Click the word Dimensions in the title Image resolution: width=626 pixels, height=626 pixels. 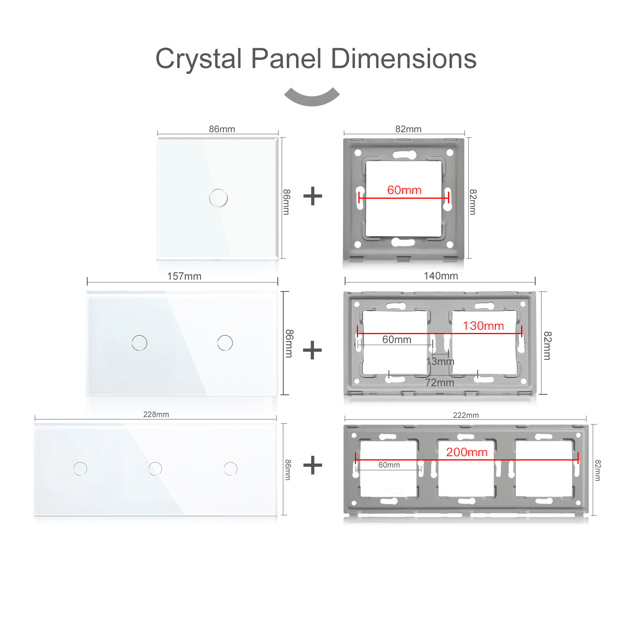click(x=403, y=59)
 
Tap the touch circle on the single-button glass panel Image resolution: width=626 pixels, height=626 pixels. click(x=218, y=198)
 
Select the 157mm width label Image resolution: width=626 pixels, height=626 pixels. click(x=184, y=276)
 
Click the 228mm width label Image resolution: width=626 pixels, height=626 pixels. click(x=156, y=414)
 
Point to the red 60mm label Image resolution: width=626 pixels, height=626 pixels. click(x=404, y=190)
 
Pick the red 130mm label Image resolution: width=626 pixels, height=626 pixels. click(x=483, y=326)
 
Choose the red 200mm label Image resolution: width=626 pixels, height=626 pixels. click(x=467, y=452)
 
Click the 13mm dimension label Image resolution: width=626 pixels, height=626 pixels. click(x=440, y=361)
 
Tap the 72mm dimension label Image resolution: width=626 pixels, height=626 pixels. click(x=440, y=383)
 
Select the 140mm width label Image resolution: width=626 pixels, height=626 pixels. click(x=441, y=276)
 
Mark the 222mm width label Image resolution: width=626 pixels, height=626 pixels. click(x=466, y=415)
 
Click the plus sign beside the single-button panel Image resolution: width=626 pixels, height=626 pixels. click(x=313, y=196)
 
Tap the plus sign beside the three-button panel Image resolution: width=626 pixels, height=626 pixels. click(x=313, y=465)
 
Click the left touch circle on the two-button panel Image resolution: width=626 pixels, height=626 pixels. click(x=139, y=343)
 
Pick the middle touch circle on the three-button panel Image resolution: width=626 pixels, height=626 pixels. click(x=155, y=469)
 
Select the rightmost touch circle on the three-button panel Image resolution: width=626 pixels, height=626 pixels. click(x=230, y=469)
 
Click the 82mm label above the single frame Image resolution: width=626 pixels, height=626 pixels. click(x=408, y=129)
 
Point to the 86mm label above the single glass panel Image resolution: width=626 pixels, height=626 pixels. click(x=222, y=129)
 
